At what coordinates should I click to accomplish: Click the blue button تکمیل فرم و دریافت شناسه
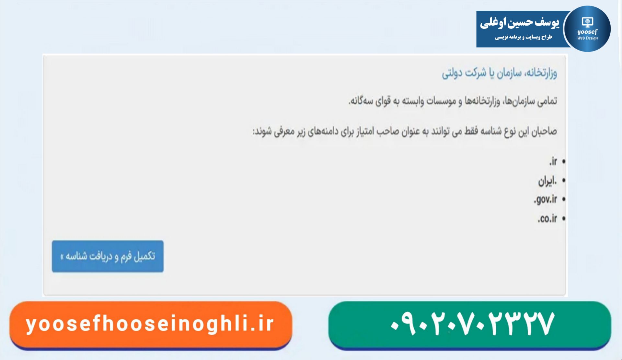[108, 256]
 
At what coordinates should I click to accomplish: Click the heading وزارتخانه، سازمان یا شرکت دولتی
[500, 73]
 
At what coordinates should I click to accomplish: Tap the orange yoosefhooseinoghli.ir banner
[151, 324]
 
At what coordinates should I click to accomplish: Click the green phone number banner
[470, 324]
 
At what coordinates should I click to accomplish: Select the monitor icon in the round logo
[587, 22]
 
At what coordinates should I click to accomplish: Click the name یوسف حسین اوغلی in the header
[520, 23]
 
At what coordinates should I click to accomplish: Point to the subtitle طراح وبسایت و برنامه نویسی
[524, 37]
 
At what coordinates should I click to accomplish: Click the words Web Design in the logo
[587, 38]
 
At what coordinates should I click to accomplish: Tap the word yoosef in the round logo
[587, 32]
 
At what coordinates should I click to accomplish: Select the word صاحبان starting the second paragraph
[544, 131]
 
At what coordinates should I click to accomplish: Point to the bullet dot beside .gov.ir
[564, 199]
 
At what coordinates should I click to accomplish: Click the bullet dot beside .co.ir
[564, 219]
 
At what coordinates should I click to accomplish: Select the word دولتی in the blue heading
[452, 73]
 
